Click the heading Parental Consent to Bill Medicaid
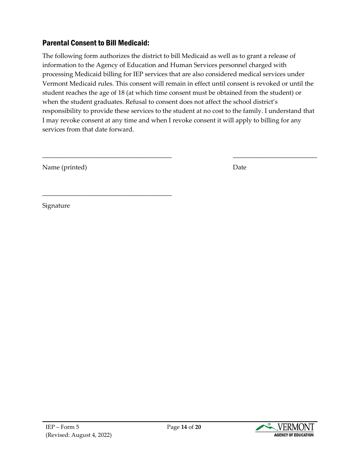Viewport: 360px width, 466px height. (95, 43)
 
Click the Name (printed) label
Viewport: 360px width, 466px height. (64, 167)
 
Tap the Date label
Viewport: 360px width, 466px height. (239, 167)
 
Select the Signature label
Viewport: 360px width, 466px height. (56, 206)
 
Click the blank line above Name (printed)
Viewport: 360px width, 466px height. (107, 157)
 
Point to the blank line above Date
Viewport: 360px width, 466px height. (275, 157)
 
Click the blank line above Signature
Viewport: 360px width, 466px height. (107, 195)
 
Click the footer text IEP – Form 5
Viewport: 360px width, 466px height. (62, 427)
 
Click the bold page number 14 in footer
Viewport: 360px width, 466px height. (184, 427)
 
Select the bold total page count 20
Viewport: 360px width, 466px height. (198, 427)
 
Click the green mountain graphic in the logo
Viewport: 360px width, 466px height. (266, 427)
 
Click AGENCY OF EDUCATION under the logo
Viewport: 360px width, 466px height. (294, 435)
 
